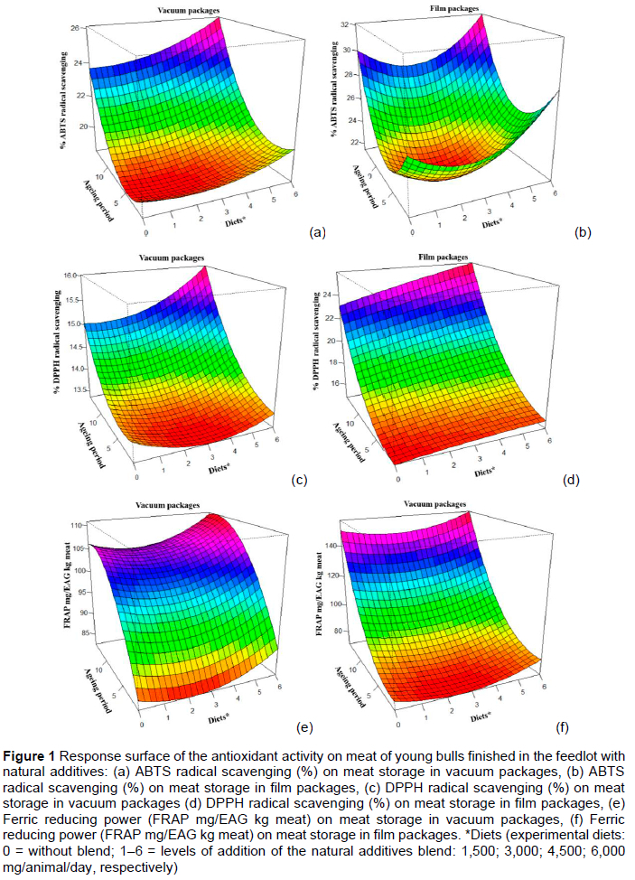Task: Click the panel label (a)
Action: pos(316,232)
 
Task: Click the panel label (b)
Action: pos(583,232)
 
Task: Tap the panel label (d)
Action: pos(570,480)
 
